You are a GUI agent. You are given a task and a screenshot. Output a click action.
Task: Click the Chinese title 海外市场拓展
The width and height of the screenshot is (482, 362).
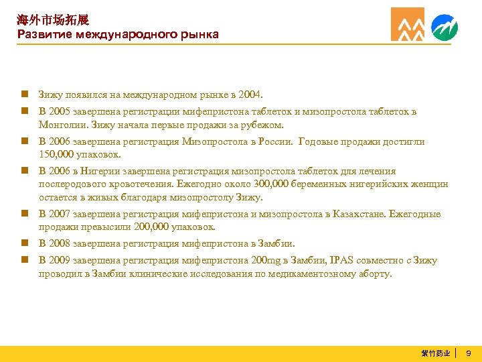(x=53, y=20)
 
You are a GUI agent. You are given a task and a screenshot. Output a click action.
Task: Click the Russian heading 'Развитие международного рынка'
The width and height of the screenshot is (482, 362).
(x=118, y=34)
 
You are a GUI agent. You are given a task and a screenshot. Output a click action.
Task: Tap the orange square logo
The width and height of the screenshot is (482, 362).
(x=408, y=25)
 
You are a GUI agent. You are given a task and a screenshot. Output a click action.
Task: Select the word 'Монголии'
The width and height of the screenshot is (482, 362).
(x=60, y=125)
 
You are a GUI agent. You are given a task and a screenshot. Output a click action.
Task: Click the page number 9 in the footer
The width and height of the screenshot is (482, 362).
(x=469, y=353)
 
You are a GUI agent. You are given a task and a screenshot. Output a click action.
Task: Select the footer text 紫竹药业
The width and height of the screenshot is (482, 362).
(x=435, y=353)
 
